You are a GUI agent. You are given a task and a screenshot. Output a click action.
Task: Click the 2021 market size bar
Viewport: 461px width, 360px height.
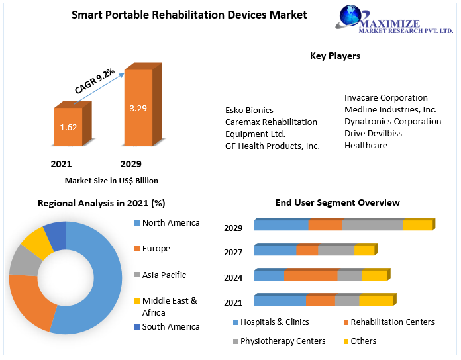[x=68, y=126]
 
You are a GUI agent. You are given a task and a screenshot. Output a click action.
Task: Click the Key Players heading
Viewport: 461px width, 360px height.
[x=335, y=56]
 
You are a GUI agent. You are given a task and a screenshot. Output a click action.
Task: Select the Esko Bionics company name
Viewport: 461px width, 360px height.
[x=249, y=110]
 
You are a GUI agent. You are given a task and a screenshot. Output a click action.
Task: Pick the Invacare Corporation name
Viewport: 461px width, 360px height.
[x=386, y=97]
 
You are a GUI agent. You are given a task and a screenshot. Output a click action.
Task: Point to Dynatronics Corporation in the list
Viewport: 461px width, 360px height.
[x=393, y=121]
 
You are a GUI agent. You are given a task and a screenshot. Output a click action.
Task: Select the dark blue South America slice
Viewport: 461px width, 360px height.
[x=56, y=236]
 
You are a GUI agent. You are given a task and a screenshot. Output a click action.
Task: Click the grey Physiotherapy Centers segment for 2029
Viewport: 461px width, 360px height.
[x=373, y=226]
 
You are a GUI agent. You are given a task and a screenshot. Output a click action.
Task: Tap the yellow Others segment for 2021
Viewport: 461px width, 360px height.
[x=376, y=301]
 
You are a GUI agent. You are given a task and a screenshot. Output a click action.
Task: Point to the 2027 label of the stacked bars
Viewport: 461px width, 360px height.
[x=233, y=252]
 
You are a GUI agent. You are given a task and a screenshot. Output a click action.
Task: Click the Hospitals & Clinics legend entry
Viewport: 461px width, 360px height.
[x=270, y=322]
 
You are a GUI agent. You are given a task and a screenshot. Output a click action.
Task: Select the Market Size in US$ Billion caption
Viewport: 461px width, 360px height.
[x=111, y=180]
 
